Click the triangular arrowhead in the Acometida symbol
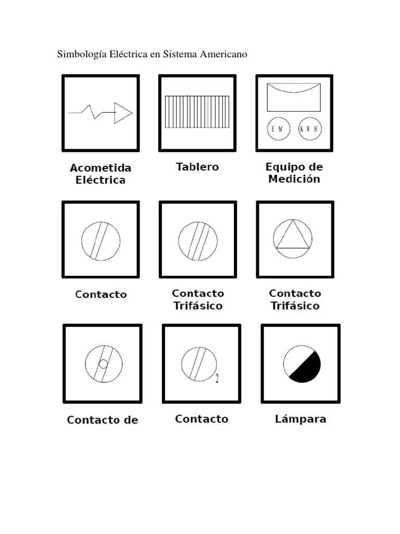[122, 113]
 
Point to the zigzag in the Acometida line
[95, 111]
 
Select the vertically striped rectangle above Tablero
[197, 112]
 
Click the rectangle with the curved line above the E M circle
[294, 98]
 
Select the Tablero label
[197, 167]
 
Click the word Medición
[294, 179]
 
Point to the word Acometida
[101, 168]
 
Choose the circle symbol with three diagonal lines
[197, 240]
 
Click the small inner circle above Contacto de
[103, 364]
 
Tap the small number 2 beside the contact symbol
[217, 379]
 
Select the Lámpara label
[301, 419]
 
